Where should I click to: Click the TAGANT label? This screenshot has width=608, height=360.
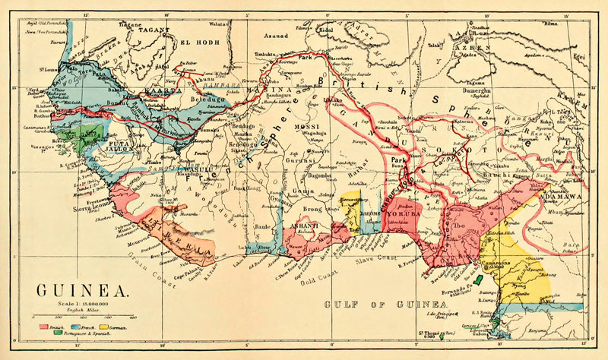156,31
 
